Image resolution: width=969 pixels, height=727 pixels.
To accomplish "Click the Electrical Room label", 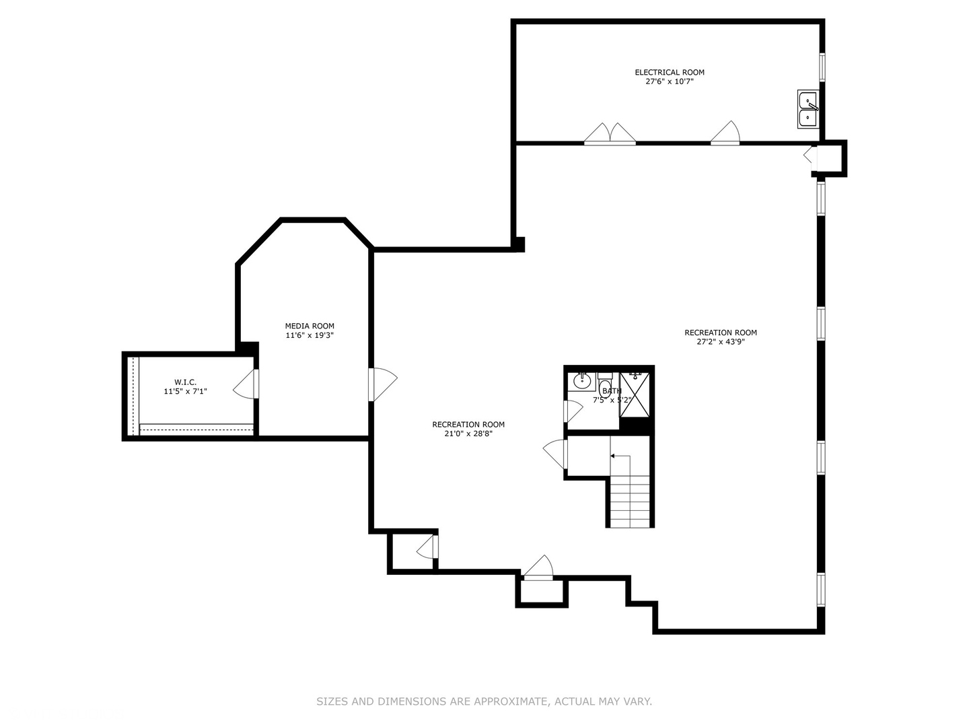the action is (670, 72).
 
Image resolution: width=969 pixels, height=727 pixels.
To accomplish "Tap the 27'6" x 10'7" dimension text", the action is (670, 81).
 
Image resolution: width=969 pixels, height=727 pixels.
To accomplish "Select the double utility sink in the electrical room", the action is (808, 109).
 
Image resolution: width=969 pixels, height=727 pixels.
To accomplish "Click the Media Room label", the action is (310, 326).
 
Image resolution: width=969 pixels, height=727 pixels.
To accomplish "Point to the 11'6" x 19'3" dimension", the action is (310, 335).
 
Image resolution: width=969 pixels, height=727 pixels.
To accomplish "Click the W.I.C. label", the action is (186, 382).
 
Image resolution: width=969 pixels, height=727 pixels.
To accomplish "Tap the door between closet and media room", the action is (246, 384).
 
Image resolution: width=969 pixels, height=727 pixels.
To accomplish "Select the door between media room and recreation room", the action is (383, 384).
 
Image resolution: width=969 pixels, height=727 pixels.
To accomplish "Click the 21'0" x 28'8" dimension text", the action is (468, 434).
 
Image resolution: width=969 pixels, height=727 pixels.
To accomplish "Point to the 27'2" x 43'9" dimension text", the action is (721, 342).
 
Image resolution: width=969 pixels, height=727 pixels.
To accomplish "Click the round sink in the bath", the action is (582, 380).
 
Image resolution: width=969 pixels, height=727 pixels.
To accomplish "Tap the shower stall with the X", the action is (635, 394).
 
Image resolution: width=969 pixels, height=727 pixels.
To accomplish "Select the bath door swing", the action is (573, 411).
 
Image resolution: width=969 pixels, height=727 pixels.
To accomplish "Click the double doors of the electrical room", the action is (610, 133).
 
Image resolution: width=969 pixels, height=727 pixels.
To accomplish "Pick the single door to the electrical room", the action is (725, 133).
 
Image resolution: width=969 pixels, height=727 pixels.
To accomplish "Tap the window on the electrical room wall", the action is (822, 67).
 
